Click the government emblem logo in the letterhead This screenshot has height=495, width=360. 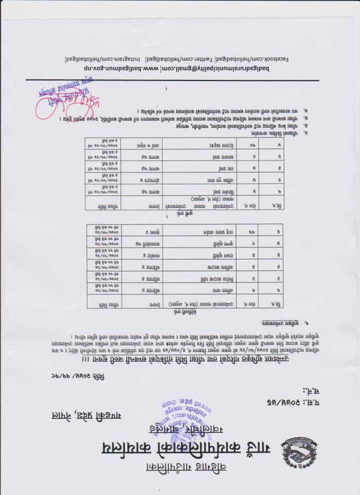coord(299,450)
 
